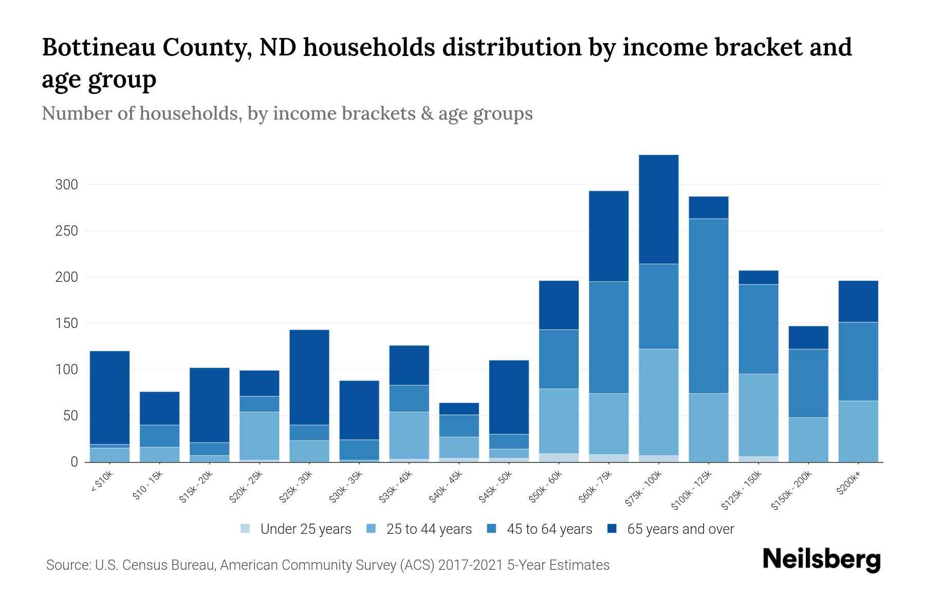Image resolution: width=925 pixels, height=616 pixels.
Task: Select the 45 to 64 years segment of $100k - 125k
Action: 708,306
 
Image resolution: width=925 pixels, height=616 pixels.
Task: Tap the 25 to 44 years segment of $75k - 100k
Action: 658,402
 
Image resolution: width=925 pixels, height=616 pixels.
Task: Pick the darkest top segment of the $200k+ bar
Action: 858,301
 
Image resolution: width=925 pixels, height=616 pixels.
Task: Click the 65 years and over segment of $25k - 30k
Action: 309,377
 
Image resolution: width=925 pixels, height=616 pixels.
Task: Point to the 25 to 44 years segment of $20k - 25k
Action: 260,436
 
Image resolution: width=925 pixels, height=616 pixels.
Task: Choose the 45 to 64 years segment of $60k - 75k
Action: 608,337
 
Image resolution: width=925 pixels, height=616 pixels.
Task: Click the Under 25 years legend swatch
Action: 246,529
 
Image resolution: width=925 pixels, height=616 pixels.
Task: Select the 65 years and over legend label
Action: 680,529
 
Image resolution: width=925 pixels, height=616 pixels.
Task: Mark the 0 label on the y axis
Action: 74,462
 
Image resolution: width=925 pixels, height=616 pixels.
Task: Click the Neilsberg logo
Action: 821,560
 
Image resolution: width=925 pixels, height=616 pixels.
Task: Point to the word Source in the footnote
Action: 67,565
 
